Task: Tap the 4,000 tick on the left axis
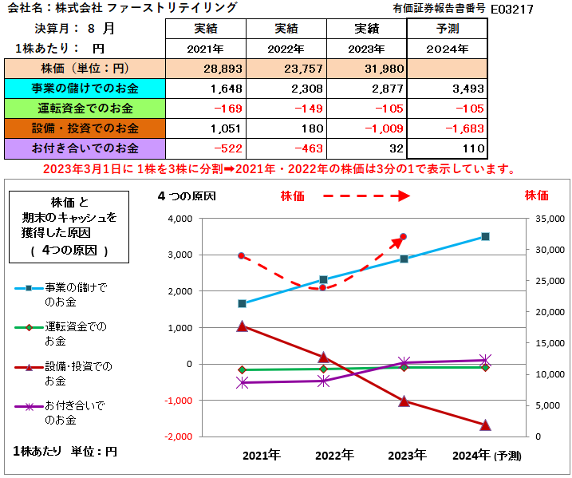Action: (x=180, y=219)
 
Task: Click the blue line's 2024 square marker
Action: (x=485, y=236)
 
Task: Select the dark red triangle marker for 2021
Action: (x=243, y=326)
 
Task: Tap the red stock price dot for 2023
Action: (x=404, y=236)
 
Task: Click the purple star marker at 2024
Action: (x=485, y=360)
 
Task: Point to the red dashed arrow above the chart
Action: (x=366, y=196)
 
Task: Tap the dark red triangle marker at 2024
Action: (x=485, y=425)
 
